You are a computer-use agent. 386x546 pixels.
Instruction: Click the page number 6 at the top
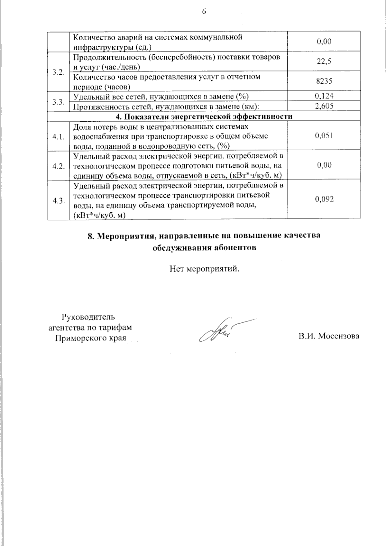[x=204, y=12]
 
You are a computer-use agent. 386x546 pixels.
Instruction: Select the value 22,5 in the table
[x=324, y=62]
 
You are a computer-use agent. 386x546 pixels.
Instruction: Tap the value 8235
[x=324, y=81]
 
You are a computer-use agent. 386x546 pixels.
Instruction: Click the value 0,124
[x=324, y=96]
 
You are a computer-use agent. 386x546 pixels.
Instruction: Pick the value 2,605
[x=324, y=106]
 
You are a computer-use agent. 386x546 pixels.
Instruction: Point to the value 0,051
[x=324, y=136]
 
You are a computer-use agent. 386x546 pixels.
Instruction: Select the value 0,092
[x=324, y=199]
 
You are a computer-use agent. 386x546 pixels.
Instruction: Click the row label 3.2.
[x=59, y=72]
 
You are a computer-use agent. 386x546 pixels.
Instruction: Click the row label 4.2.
[x=59, y=166]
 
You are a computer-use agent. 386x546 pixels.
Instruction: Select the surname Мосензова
[x=338, y=337]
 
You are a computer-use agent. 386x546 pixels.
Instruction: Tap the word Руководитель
[x=88, y=317]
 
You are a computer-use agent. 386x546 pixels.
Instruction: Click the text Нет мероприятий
[x=205, y=268]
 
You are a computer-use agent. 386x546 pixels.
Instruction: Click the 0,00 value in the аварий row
[x=324, y=42]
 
